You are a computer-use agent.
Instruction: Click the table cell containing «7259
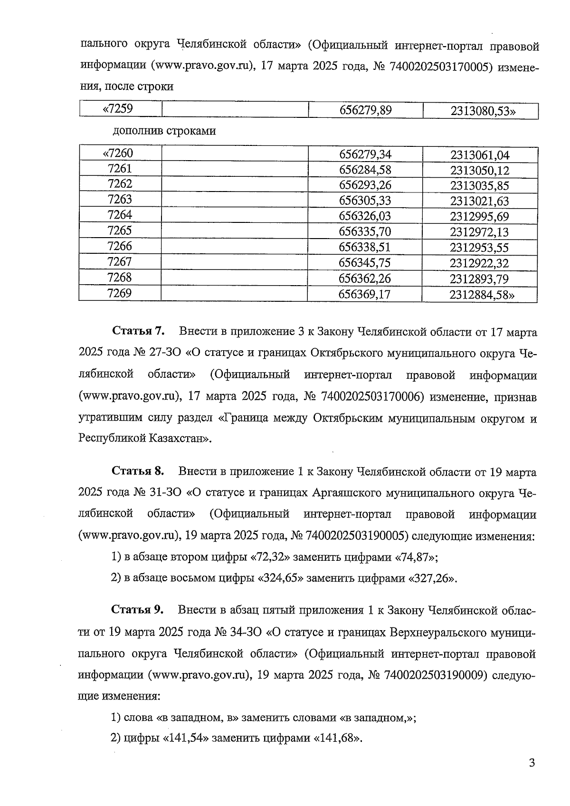[x=121, y=110]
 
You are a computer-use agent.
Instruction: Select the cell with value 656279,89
[x=365, y=111]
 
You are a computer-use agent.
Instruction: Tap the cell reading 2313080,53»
[x=480, y=112]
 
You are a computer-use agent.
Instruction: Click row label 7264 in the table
[x=120, y=215]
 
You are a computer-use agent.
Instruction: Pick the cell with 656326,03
[x=364, y=217]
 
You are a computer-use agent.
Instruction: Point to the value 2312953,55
[x=479, y=248]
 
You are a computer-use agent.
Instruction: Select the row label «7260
[x=120, y=154]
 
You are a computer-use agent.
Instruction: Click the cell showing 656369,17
[x=364, y=295]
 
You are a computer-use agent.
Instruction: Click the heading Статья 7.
[x=138, y=331]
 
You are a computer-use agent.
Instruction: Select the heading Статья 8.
[x=138, y=471]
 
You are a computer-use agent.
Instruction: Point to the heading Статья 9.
[x=138, y=610]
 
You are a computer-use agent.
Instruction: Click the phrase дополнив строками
[x=164, y=131]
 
